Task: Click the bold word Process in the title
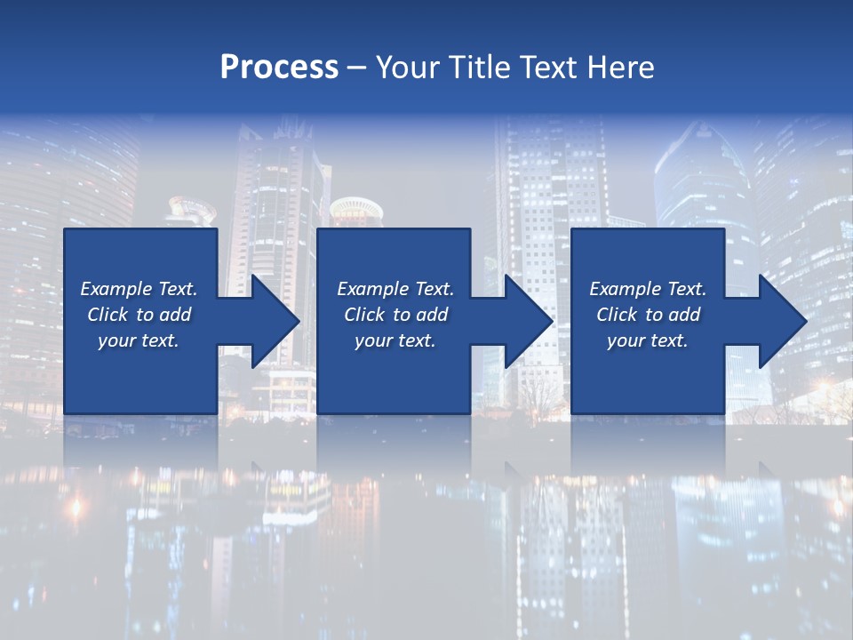[x=279, y=68]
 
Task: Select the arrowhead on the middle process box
[x=527, y=321]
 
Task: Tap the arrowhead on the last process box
[x=781, y=321]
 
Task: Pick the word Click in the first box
[x=108, y=315]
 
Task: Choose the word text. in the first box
[x=159, y=340]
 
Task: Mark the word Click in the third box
[x=617, y=315]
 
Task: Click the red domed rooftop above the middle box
[x=356, y=211]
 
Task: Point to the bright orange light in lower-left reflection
[x=76, y=508]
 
